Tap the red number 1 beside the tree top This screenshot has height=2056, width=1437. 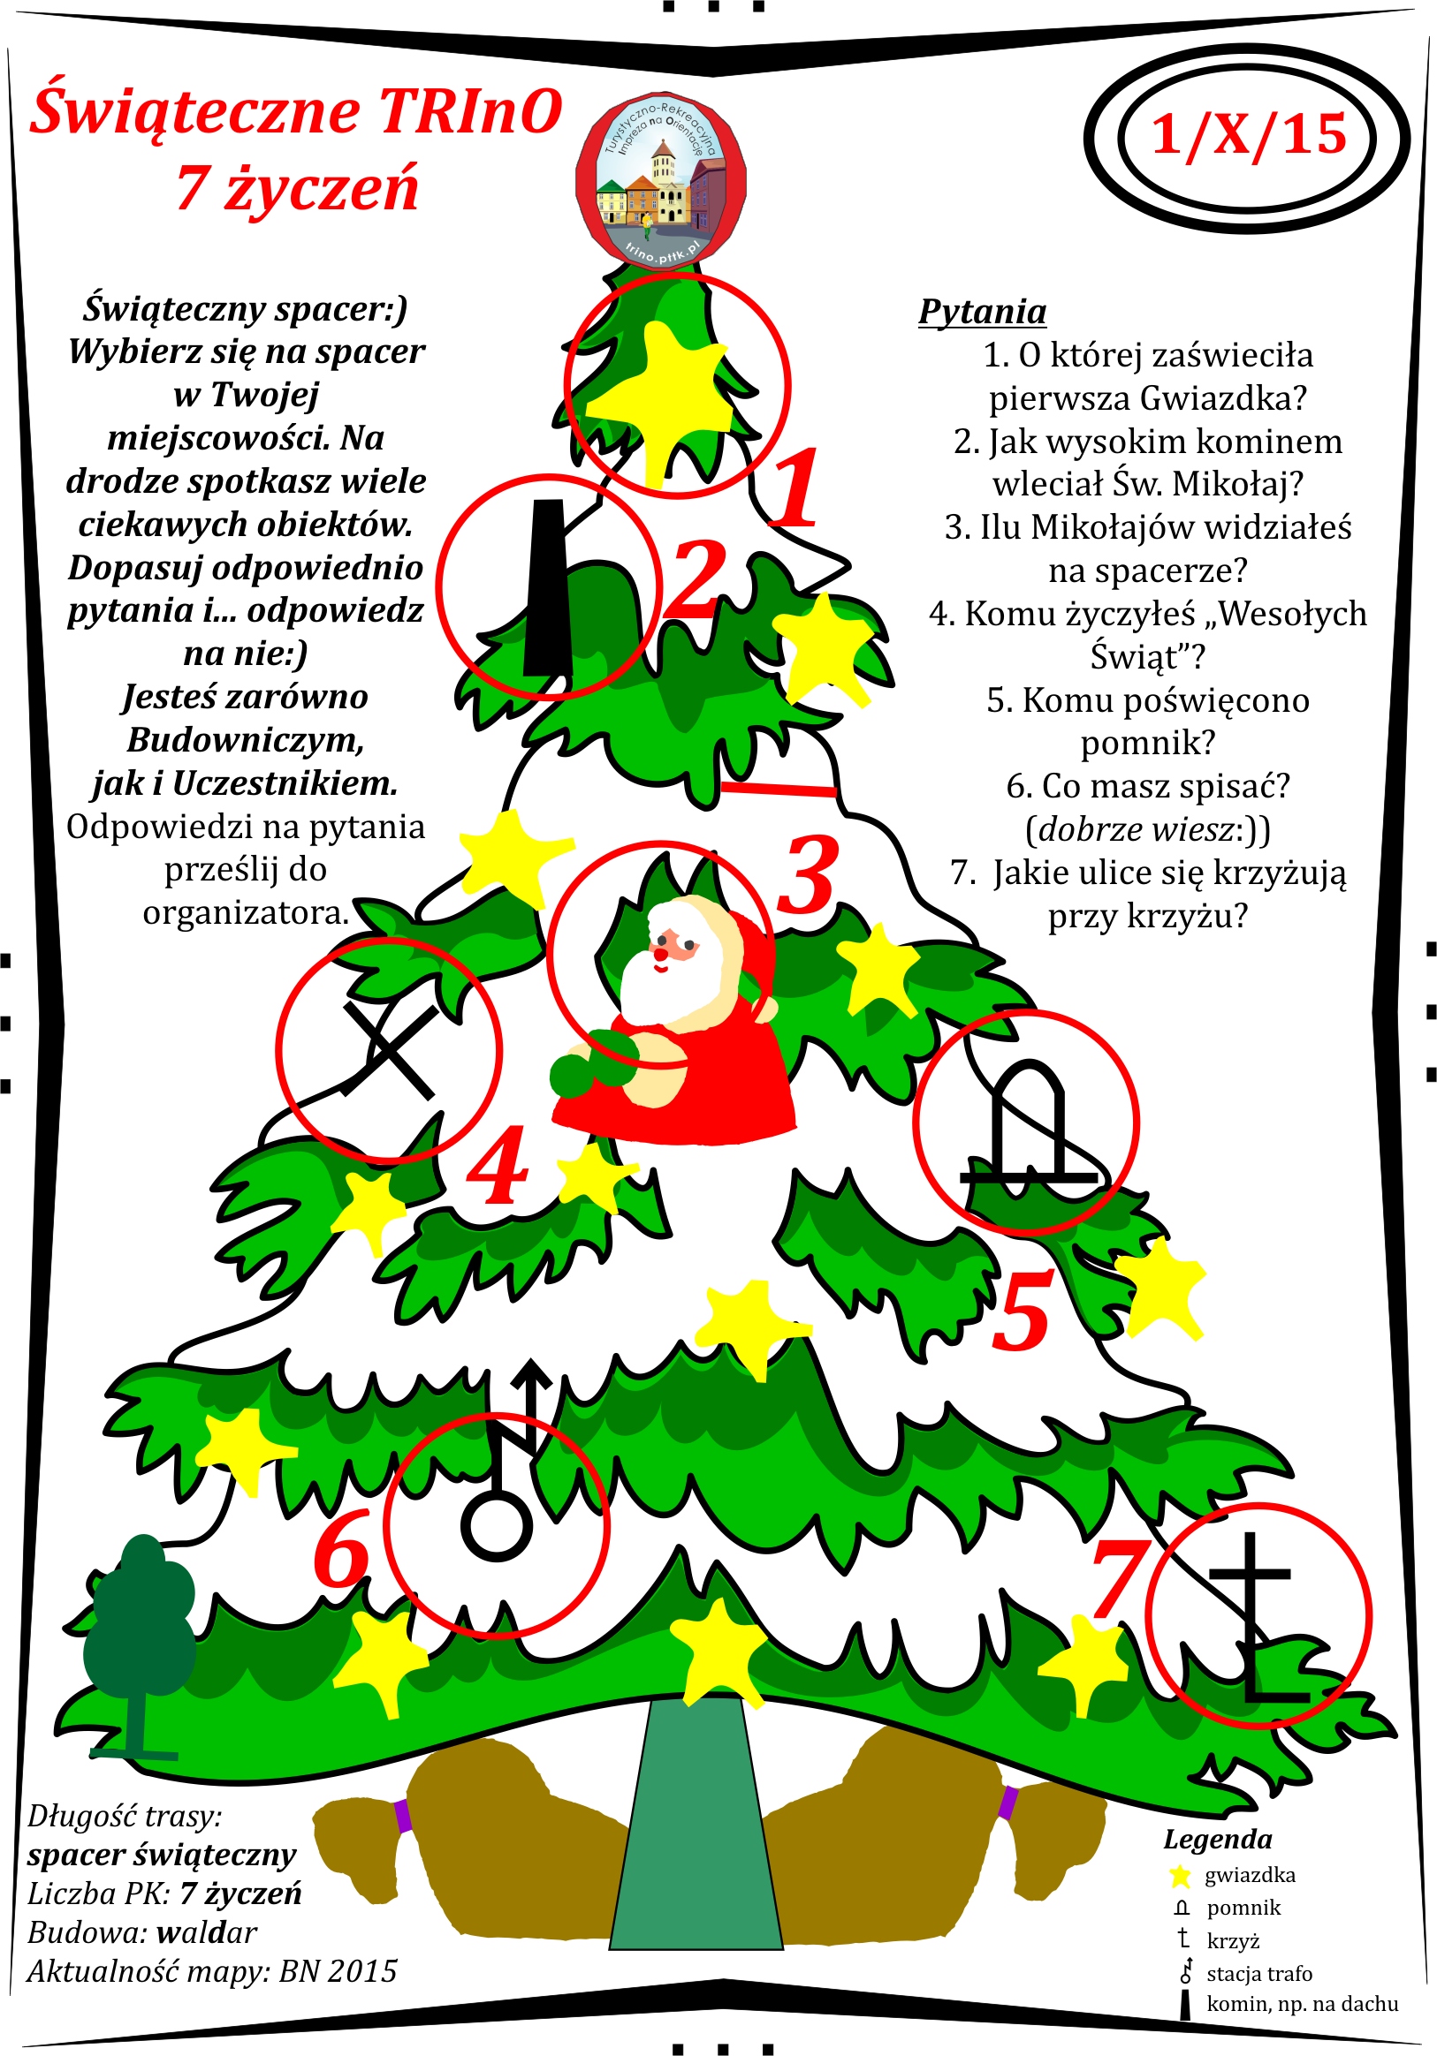794,488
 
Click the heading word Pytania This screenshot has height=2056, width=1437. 983,312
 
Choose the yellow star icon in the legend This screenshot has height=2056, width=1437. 1181,1874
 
